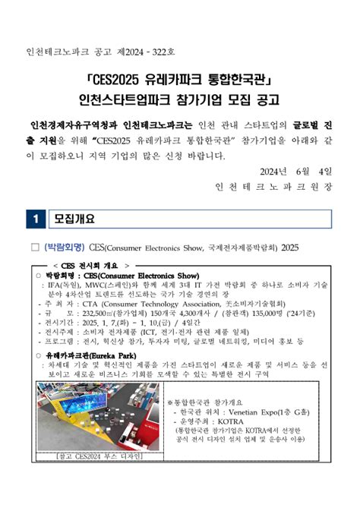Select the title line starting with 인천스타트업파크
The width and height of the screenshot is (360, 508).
[180, 99]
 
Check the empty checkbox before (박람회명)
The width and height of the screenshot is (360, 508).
[35, 248]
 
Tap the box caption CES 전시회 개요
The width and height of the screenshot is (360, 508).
[84, 265]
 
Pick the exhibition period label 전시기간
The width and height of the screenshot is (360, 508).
[60, 322]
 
